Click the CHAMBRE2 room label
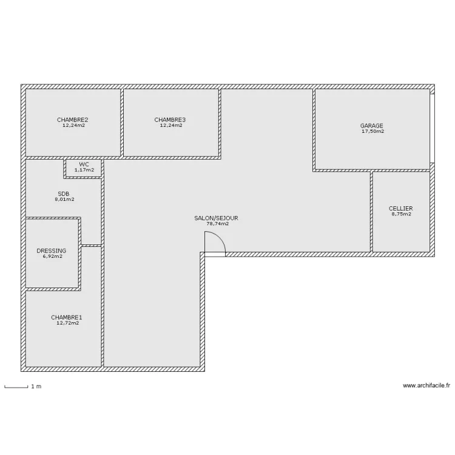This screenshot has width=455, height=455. coord(73,120)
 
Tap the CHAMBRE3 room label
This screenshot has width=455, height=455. coord(170,120)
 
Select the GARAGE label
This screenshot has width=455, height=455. coord(371,126)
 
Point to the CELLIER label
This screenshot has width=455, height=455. coord(401,209)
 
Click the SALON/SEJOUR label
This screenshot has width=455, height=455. coord(216,218)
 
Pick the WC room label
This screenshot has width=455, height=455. coord(84,164)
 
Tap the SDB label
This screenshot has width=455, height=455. coord(64,194)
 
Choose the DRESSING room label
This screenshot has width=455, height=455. coord(52,251)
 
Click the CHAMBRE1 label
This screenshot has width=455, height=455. coord(67,317)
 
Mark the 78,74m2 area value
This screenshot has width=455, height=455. coord(218,224)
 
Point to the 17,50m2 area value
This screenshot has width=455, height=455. coord(373,131)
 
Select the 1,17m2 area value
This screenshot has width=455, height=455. coord(84,170)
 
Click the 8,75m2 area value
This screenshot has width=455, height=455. coord(402,214)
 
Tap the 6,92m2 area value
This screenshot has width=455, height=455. coord(53,256)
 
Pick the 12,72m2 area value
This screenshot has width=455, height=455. coord(67,323)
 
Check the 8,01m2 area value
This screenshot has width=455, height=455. coord(64,200)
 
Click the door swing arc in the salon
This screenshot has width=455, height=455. coord(220,238)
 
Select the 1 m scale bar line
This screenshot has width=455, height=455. coord(16,387)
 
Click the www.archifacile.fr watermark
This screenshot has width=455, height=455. coord(426,385)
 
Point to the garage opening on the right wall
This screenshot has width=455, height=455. coord(433,129)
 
